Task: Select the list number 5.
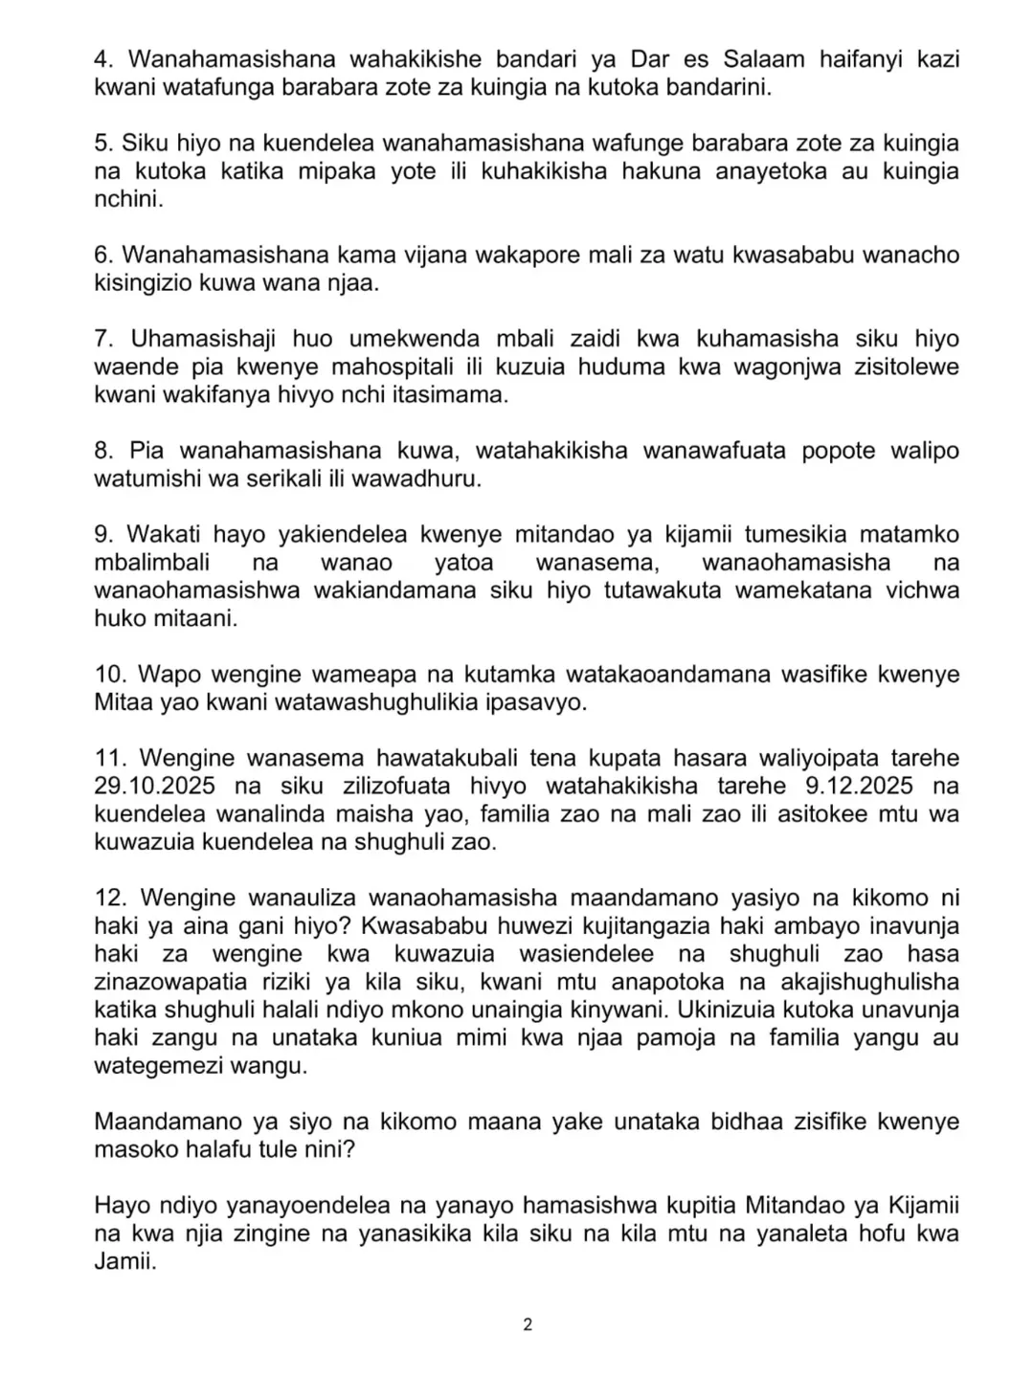[102, 144]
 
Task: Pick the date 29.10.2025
[168, 787]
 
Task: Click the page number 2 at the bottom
[528, 1325]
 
